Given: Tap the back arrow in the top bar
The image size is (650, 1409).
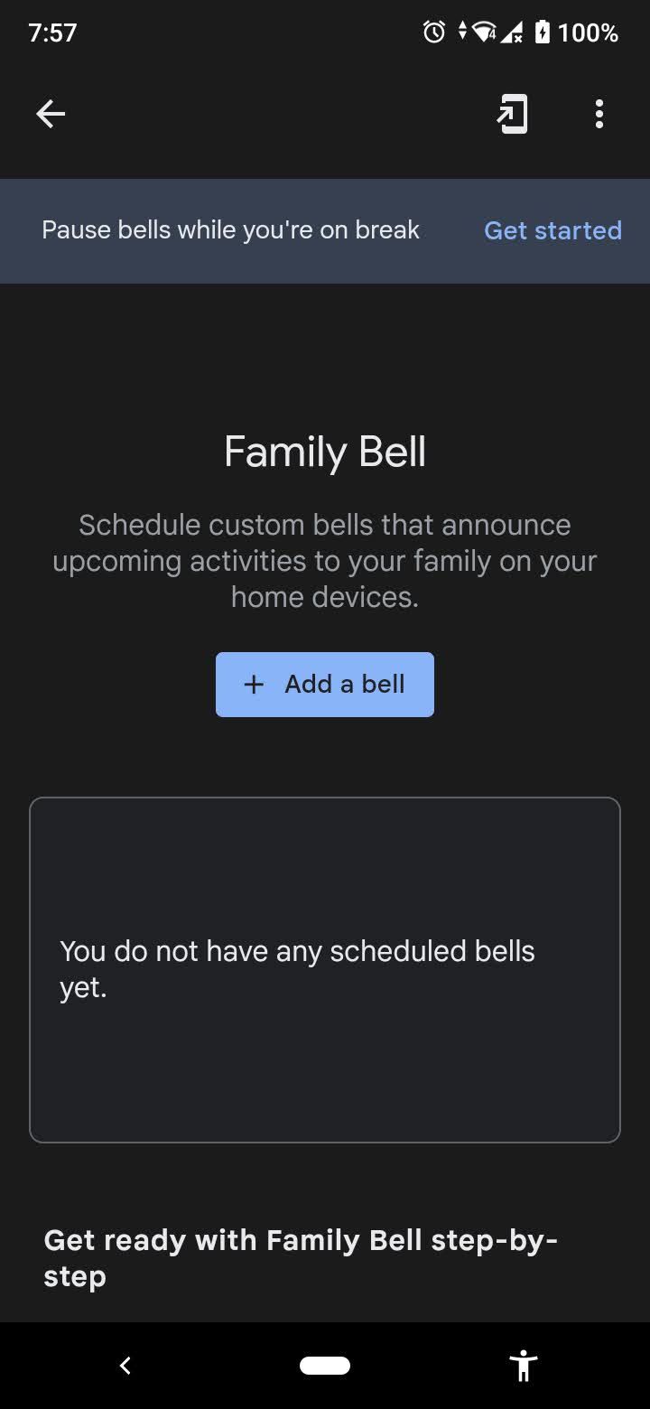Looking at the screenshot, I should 51,114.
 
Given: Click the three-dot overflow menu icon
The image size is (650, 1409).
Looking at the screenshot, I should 599,114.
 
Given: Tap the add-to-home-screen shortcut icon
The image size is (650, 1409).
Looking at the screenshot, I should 512,115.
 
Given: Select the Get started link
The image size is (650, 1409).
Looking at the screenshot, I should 552,230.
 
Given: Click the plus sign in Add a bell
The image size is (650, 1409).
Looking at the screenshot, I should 254,685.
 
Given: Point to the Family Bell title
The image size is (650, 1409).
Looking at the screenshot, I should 325,452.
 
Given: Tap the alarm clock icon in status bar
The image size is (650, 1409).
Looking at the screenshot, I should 434,33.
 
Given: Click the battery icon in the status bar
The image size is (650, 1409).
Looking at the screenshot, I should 542,33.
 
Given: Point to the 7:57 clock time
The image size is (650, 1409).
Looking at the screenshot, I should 52,33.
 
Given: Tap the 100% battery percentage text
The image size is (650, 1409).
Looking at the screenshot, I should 588,33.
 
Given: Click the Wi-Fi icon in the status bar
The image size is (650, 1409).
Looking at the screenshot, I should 485,33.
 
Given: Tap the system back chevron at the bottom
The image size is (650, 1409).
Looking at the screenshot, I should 125,1366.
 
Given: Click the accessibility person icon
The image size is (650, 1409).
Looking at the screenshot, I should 523,1366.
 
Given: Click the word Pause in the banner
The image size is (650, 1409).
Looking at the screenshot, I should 76,230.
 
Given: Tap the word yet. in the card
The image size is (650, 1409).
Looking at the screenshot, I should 83,987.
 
